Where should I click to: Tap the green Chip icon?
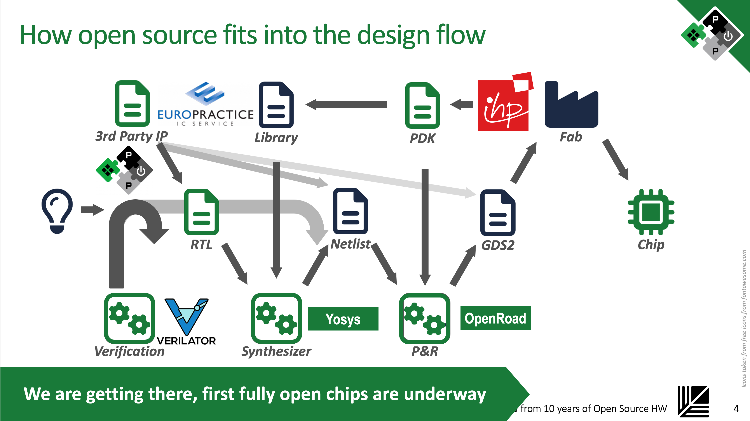(x=651, y=212)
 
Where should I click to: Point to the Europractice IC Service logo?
(x=206, y=105)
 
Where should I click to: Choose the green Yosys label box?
(x=343, y=319)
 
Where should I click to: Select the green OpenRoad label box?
(x=495, y=318)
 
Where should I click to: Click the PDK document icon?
(x=422, y=105)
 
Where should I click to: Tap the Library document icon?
(x=276, y=105)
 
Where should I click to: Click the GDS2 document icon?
(x=498, y=212)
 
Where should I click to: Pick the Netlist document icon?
(x=350, y=211)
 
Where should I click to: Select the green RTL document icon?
(x=201, y=212)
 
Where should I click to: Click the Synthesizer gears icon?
(x=276, y=318)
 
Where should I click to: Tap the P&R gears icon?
(x=424, y=318)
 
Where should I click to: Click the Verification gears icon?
(x=129, y=318)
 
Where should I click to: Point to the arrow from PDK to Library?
(x=347, y=104)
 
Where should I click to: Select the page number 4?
(x=736, y=409)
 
